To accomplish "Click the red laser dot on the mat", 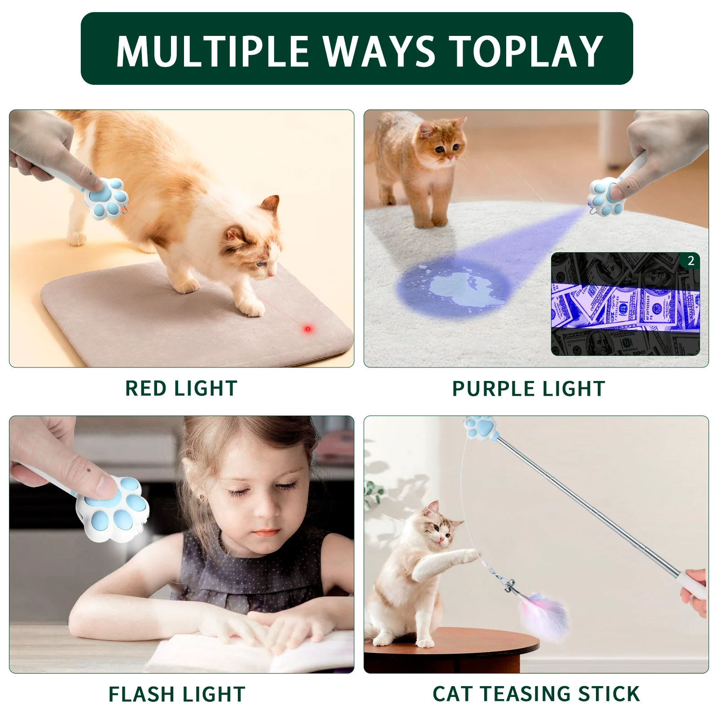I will pos(307,329).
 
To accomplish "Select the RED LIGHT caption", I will pos(181,388).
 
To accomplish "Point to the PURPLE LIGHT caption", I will pos(529,389).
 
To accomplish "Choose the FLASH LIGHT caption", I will pos(177,694).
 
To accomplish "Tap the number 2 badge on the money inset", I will pos(691,261).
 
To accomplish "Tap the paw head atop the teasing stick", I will pos(481,427).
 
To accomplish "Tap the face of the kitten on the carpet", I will pos(444,144).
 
